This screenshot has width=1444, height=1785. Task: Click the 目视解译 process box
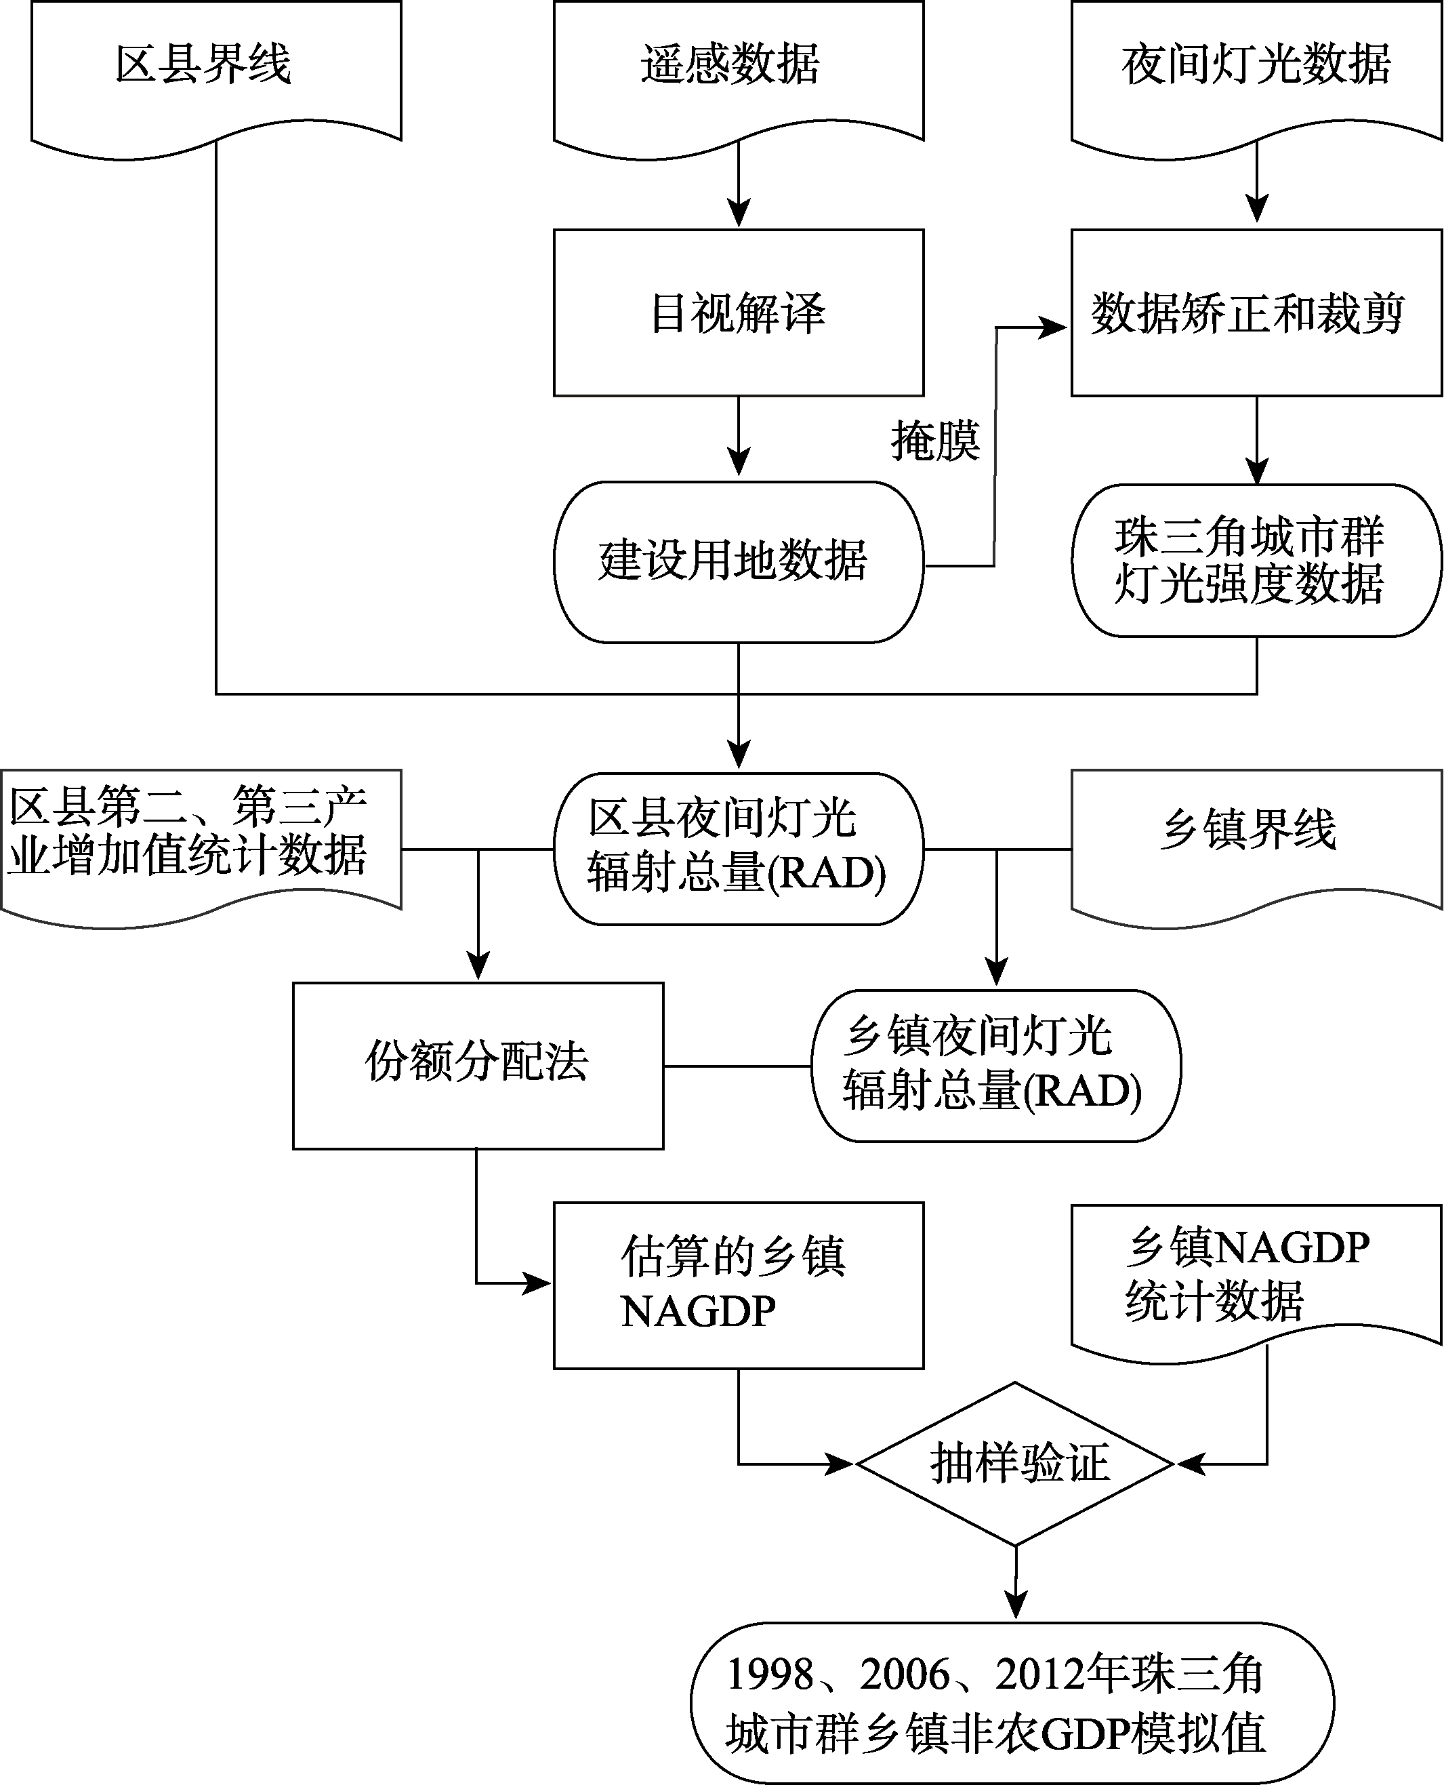739,313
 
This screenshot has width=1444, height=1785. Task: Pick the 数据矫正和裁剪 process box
1256,313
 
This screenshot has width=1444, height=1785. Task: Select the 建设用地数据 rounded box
739,563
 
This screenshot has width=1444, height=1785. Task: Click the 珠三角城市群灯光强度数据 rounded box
1256,561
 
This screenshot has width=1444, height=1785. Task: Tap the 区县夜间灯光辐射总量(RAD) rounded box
739,849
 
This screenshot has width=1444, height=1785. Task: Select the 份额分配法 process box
478,1066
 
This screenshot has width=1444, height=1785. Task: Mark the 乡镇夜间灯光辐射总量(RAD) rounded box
995,1066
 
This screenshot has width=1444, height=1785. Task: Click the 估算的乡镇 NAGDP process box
739,1285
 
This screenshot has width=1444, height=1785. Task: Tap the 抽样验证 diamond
1015,1463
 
